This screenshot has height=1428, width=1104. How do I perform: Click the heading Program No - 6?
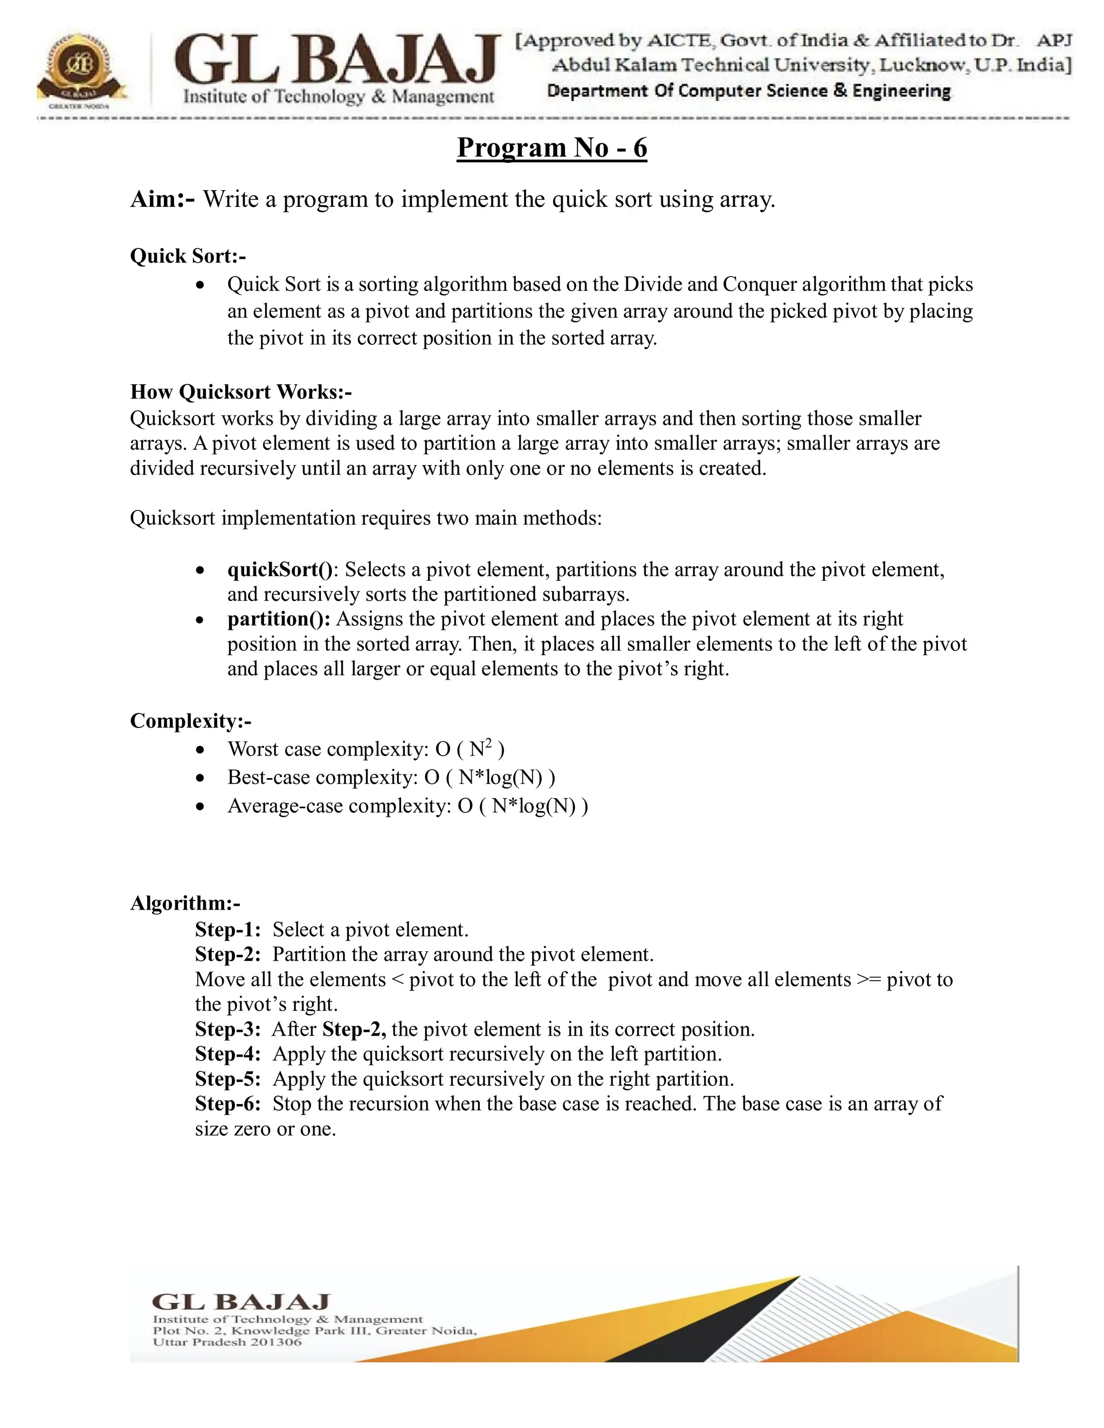point(551,147)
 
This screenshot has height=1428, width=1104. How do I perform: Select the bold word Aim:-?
point(162,199)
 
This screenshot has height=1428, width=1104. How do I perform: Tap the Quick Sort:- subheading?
point(188,255)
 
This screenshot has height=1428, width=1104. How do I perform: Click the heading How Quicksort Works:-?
point(240,392)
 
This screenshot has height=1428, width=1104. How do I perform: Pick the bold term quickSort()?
point(280,570)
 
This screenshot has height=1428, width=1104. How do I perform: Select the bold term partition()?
point(279,619)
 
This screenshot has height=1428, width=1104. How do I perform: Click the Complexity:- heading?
point(190,720)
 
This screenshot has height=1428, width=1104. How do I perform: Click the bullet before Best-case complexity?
point(201,778)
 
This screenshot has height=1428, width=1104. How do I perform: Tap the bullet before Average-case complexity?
point(201,807)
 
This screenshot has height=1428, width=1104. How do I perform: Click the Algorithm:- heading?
point(185,903)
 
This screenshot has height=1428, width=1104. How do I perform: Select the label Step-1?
point(227,930)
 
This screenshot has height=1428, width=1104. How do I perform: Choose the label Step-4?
point(227,1054)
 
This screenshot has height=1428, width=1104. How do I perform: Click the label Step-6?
point(227,1104)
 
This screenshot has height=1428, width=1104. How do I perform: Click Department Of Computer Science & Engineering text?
point(748,91)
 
